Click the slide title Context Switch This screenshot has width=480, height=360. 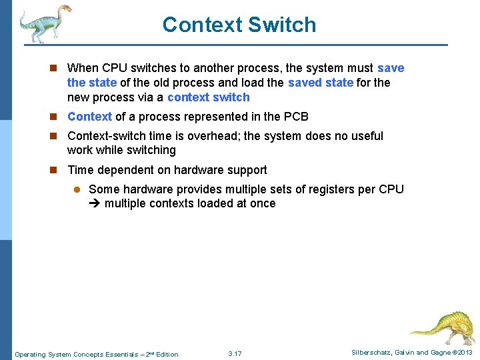pos(239,25)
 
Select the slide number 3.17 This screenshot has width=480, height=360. pos(235,353)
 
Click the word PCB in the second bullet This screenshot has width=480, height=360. pos(296,117)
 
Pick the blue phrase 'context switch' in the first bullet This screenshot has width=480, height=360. pos(208,97)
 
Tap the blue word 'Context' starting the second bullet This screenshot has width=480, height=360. pos(89,117)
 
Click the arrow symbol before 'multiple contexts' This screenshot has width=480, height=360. pos(95,204)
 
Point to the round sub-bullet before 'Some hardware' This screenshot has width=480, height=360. pos(77,190)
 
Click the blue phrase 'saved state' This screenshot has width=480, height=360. pos(321,83)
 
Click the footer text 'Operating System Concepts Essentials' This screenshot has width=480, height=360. pos(74,354)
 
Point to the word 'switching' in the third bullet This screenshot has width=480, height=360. pos(151,150)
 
